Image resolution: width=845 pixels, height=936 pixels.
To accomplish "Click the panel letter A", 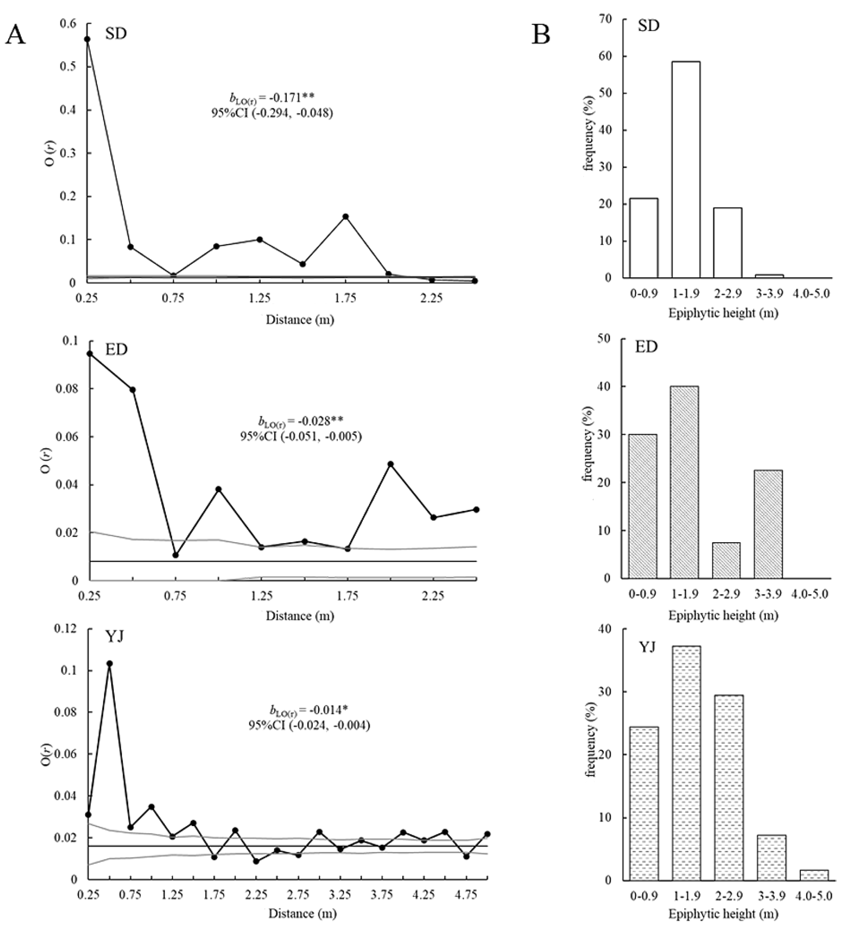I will click(x=15, y=35).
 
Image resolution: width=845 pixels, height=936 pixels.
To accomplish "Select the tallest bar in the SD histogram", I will click(x=686, y=170).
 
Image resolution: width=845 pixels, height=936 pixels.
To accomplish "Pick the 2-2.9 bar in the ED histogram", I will click(x=726, y=560).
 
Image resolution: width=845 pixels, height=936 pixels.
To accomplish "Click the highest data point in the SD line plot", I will click(x=87, y=39).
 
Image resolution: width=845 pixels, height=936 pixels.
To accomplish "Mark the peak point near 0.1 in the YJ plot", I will click(x=110, y=663).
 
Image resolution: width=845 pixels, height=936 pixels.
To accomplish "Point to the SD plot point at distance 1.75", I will click(x=345, y=216).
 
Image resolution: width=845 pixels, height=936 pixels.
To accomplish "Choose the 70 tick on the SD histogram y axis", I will click(x=605, y=19).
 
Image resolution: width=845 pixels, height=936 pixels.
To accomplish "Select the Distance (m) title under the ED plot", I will click(x=300, y=616).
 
